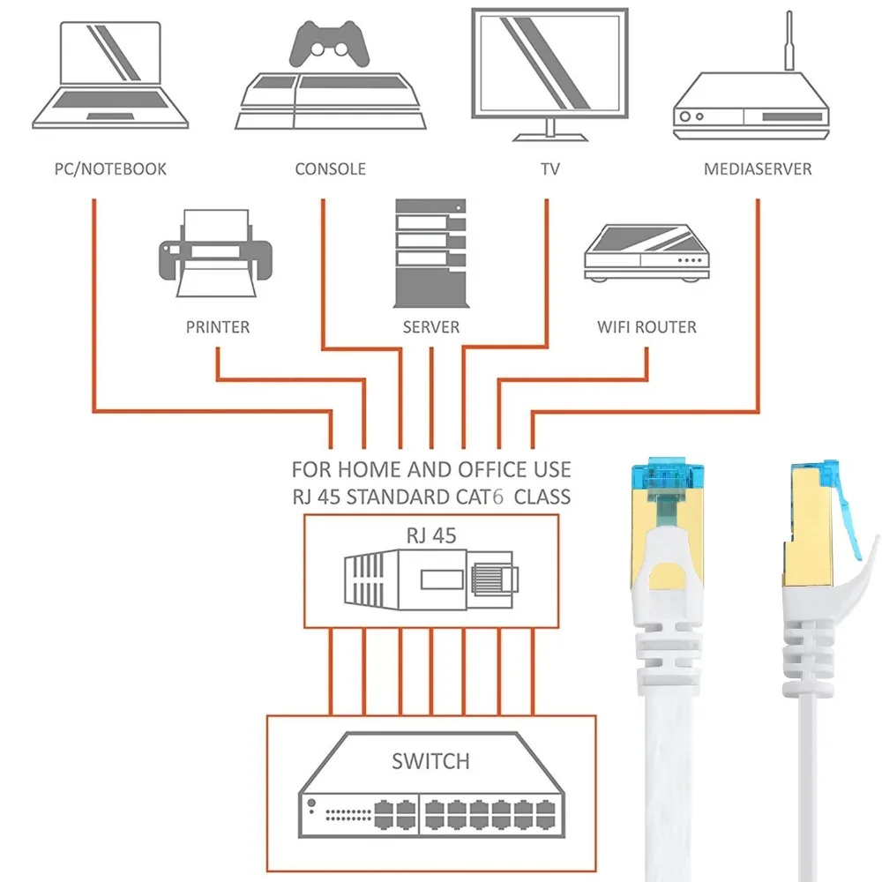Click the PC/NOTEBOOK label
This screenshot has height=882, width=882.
109,168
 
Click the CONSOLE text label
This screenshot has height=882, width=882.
330,168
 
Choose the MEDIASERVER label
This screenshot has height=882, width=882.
758,168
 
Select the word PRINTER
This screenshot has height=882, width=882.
218,327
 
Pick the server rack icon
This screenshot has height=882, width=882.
430,252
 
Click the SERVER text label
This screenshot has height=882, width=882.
431,327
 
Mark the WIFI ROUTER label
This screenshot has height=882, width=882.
647,327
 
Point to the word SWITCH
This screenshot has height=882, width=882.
430,760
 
